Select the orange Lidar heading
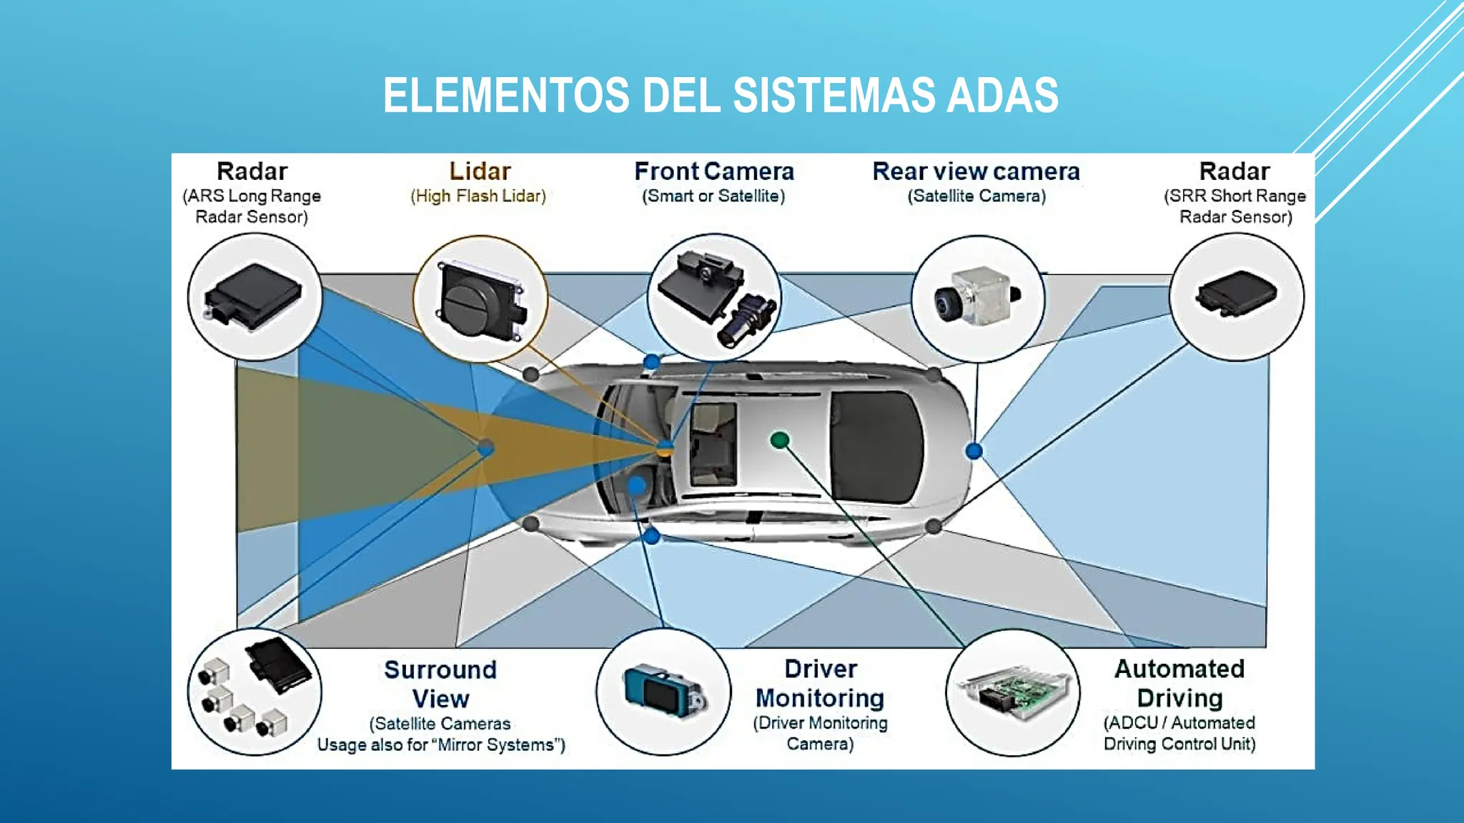pos(480,171)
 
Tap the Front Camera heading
pos(714,171)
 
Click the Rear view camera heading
pos(976,171)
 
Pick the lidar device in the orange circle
pos(480,300)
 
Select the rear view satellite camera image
pos(976,297)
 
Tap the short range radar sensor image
pos(1237,294)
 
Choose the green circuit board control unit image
pos(1014,692)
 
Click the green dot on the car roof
pos(780,440)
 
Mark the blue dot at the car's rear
pos(974,451)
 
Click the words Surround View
pos(440,684)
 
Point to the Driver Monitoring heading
pos(820,683)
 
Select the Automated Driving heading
pos(1179,683)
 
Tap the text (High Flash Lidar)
pos(478,196)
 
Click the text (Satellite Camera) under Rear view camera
pos(976,196)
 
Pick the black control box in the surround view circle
pos(278,664)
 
